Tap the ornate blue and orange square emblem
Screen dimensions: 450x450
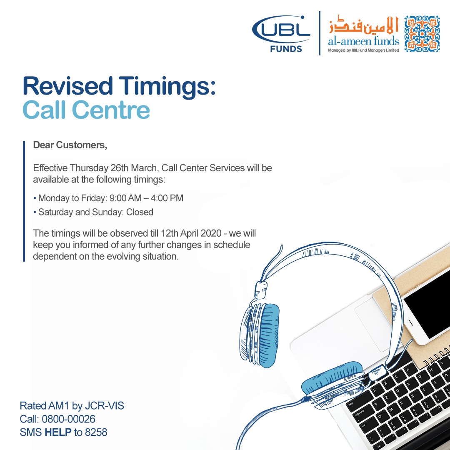[422, 34]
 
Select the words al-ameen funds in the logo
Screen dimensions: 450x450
[363, 41]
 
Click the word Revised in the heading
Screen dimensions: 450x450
[68, 86]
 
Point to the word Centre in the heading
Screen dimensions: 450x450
[111, 110]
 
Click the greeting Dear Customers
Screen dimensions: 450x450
[70, 145]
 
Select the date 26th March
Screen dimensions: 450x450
[135, 168]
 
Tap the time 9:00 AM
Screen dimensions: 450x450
[125, 198]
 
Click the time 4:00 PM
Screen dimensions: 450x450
[167, 198]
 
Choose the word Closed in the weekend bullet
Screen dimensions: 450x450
[140, 212]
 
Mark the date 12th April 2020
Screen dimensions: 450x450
[191, 233]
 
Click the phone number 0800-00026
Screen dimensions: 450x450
[69, 419]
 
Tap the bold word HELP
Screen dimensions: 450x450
[58, 432]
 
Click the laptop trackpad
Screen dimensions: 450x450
[373, 324]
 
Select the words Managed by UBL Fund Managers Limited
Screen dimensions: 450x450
[363, 50]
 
